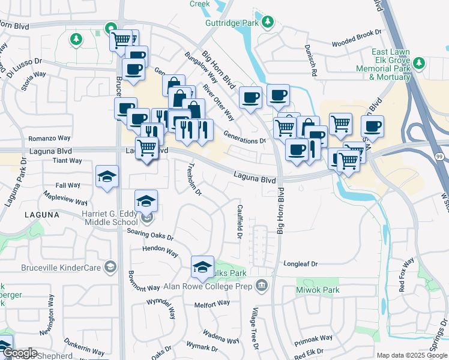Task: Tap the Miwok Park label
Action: (318, 290)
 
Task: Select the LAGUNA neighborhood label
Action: (42, 214)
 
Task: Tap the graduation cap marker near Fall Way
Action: (107, 176)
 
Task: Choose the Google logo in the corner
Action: (20, 353)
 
